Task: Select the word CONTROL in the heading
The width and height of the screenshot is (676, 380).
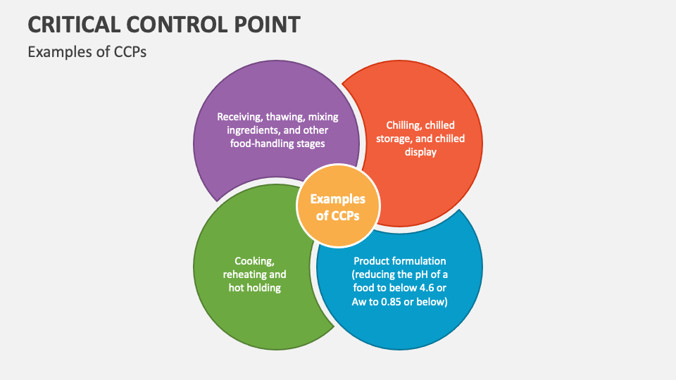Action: tap(176, 25)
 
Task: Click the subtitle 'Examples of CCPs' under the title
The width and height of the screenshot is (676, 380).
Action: tap(87, 52)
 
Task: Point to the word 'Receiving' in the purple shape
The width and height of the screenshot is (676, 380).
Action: tap(238, 118)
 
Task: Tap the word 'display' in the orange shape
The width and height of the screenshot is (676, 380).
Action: tap(421, 152)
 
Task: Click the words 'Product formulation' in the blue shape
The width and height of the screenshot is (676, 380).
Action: tap(399, 261)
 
